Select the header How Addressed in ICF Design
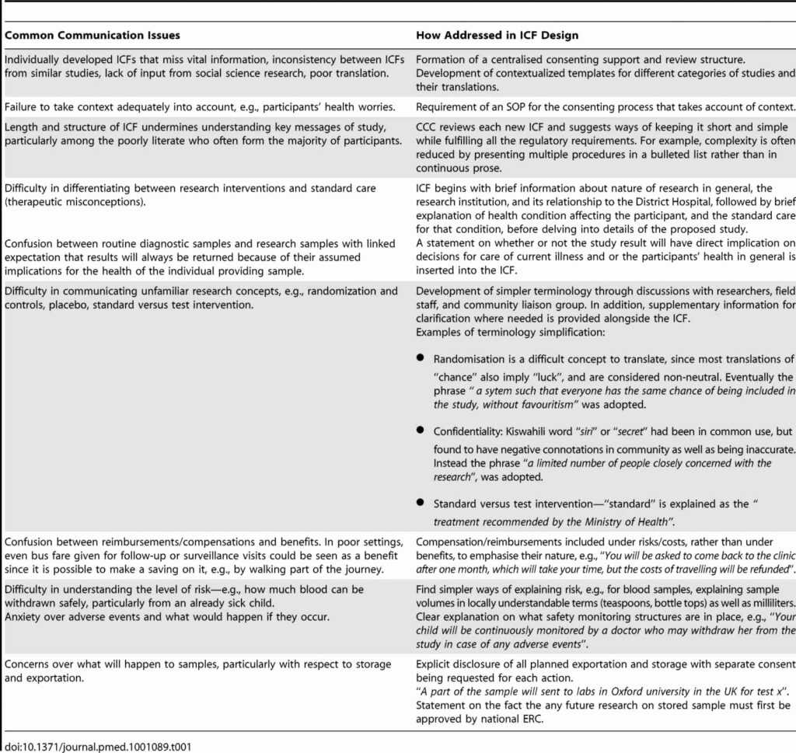[497, 35]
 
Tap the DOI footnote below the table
[98, 746]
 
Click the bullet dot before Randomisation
[421, 358]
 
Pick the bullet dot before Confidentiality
[421, 429]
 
